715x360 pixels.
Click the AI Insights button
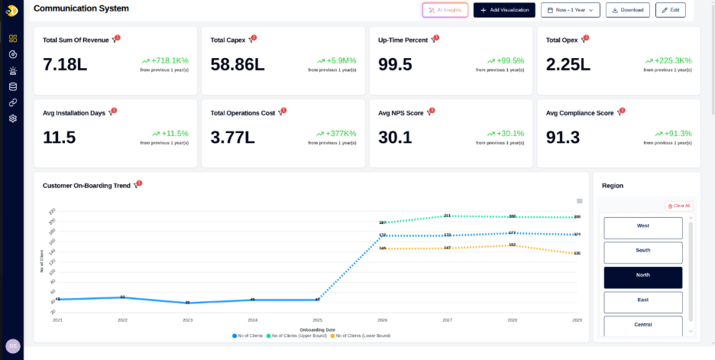click(445, 10)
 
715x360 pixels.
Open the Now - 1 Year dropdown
click(570, 10)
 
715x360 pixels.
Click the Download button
click(628, 10)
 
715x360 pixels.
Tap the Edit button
click(671, 10)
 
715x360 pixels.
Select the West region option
click(643, 227)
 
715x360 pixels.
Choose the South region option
click(643, 251)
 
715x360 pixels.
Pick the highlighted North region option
click(643, 277)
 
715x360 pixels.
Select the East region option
click(643, 301)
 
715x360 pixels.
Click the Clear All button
click(678, 206)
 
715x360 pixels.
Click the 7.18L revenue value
click(66, 65)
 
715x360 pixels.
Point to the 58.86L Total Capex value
click(238, 65)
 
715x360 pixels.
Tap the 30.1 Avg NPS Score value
click(395, 138)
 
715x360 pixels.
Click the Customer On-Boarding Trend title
click(87, 186)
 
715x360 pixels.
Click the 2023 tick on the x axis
click(187, 320)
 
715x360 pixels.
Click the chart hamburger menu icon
click(580, 201)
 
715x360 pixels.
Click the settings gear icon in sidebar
click(13, 118)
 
